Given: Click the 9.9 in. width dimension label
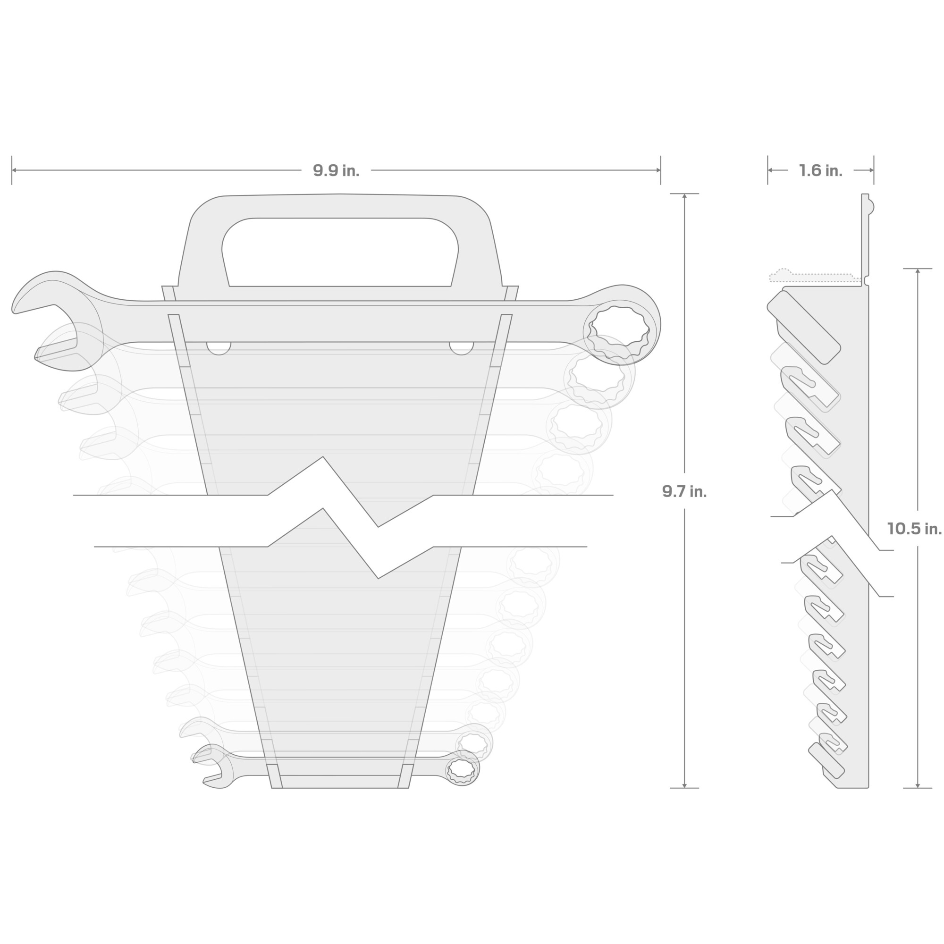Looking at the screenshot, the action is [x=336, y=170].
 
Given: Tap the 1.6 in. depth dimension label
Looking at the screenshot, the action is [x=820, y=170].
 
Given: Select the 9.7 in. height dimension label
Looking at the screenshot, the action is [x=684, y=491].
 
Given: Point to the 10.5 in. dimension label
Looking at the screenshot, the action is [x=914, y=528].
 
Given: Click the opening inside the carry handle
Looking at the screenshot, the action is [x=340, y=252].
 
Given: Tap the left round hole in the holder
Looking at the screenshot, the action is [x=219, y=347].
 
